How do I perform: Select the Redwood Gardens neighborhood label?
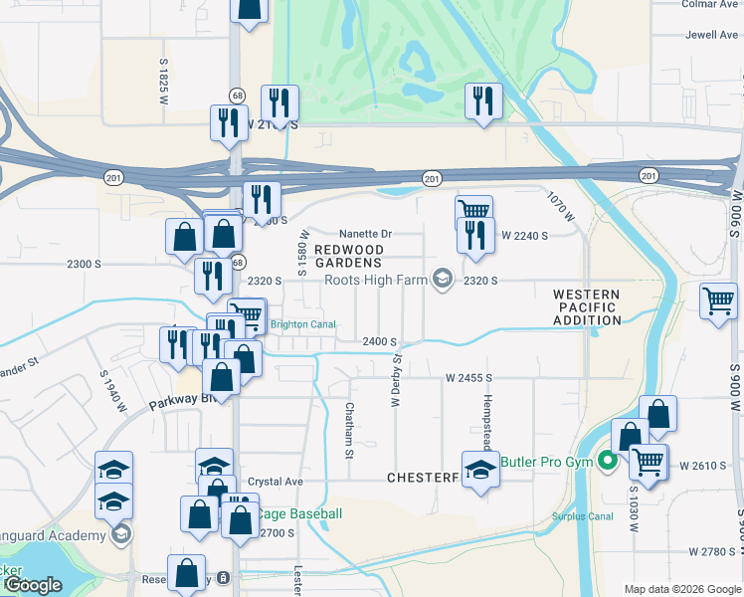click(348, 255)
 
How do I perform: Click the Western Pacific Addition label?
click(586, 306)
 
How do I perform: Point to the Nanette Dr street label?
click(366, 234)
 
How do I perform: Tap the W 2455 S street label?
click(468, 379)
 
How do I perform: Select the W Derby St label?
click(396, 379)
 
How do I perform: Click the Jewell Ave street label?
click(711, 35)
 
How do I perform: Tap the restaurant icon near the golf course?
click(483, 100)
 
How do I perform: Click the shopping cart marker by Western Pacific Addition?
click(718, 300)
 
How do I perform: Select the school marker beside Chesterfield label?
click(481, 469)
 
